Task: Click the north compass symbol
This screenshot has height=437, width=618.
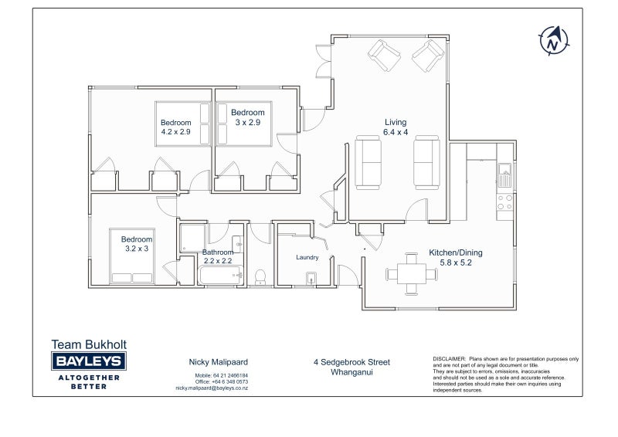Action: tap(553, 41)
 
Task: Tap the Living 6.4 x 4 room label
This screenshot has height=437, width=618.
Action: tap(396, 127)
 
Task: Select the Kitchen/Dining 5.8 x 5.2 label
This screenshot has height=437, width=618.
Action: tap(456, 257)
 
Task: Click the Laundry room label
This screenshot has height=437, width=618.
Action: tap(307, 257)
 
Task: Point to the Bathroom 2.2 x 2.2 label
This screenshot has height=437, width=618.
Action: tap(218, 256)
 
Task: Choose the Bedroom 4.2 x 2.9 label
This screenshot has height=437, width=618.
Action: tap(176, 127)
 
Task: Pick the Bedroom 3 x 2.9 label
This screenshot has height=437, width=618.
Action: tap(247, 117)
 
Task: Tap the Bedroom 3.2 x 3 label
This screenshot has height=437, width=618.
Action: tap(137, 243)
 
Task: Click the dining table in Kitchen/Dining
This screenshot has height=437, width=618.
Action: tap(412, 274)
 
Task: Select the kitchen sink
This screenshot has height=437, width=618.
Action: tap(504, 175)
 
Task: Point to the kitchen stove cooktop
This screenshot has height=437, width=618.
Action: tap(504, 202)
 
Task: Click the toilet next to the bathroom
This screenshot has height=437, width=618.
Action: tap(260, 276)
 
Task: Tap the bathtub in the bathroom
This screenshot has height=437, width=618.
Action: tap(221, 275)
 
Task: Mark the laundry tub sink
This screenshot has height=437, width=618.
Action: tap(311, 278)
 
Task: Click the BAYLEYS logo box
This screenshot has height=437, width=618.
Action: tap(89, 361)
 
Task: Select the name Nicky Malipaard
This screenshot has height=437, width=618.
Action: tap(219, 362)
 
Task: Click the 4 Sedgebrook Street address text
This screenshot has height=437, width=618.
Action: tap(351, 362)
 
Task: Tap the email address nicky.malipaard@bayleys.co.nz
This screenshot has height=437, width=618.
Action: tap(212, 388)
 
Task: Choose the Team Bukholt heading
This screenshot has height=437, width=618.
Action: tap(89, 344)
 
